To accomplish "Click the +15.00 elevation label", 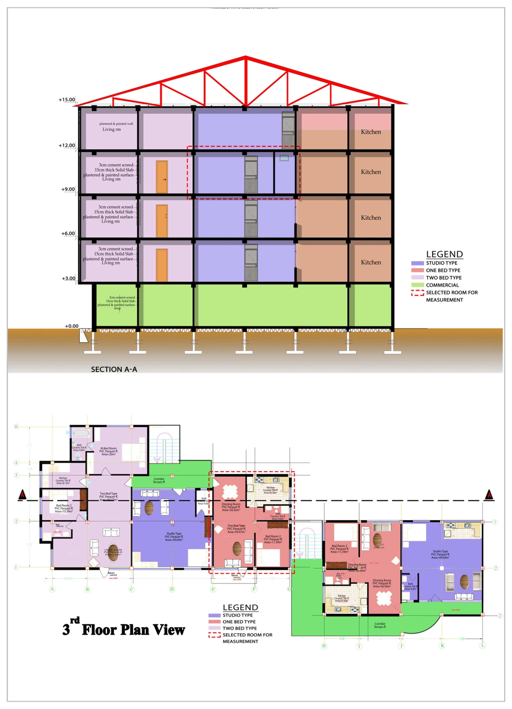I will point(67,100).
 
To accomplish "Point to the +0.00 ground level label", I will point(72,326).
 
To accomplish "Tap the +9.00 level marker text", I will point(68,189).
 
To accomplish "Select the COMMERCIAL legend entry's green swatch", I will point(417,285).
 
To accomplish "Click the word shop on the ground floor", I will point(117,308).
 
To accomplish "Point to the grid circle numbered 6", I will point(16,426).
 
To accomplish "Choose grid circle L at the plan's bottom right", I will point(483,646).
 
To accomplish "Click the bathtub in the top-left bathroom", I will point(81,433).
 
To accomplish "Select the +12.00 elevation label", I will point(67,145).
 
